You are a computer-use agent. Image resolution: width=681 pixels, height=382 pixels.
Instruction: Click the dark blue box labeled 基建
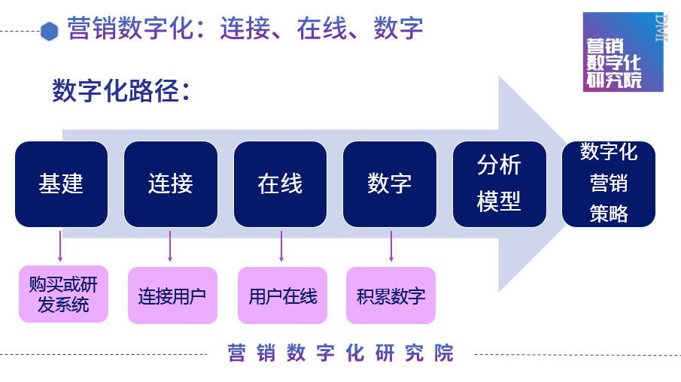coord(61,183)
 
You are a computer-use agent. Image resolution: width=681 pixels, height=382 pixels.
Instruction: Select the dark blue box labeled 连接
coord(170,183)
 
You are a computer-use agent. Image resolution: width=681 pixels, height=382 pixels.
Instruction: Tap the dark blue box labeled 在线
coord(280,183)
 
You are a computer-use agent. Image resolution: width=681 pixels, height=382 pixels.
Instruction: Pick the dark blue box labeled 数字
coord(389,183)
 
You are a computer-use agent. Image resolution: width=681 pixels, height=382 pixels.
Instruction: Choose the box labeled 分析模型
coord(499,183)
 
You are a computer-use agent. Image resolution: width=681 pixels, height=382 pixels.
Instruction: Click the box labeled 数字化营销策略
coord(608,183)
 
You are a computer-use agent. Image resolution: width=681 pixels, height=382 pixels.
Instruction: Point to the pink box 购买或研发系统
coord(63,294)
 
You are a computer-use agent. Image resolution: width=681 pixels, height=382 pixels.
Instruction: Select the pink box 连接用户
coord(172,296)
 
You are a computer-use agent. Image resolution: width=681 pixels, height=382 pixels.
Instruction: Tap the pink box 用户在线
coord(282,296)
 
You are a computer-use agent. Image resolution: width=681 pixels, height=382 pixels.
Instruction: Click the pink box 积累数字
coord(391,296)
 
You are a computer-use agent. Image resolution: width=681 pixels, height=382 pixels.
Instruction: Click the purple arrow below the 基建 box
coord(60,246)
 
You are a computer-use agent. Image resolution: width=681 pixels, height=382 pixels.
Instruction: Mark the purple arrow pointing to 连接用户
coord(170,246)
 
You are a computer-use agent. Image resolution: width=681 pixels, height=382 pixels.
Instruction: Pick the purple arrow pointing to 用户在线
coord(281,246)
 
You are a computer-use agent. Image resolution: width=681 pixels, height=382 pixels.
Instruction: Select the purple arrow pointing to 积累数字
coord(391,246)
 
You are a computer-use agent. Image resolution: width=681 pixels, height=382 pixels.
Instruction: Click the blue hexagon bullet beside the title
coord(50,31)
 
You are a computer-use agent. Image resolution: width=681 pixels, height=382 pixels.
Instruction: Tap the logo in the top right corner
coord(622,52)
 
